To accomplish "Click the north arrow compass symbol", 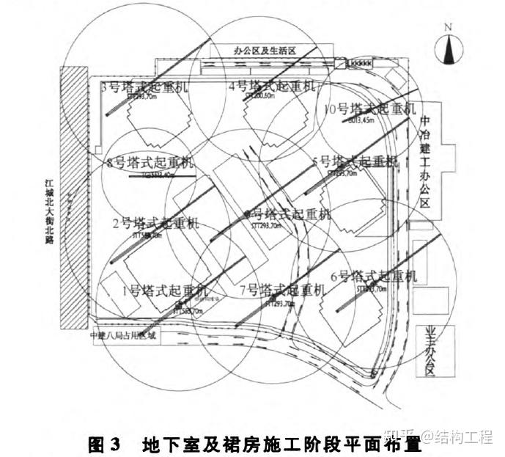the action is click(x=449, y=49).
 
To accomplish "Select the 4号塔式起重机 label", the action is click(x=272, y=87).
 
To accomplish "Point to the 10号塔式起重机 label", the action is click(x=369, y=109).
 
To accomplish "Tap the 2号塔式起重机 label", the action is click(x=155, y=223).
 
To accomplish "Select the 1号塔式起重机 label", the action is click(x=165, y=290).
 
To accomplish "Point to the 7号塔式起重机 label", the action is click(x=281, y=290).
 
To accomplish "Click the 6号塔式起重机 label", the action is click(x=374, y=277).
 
